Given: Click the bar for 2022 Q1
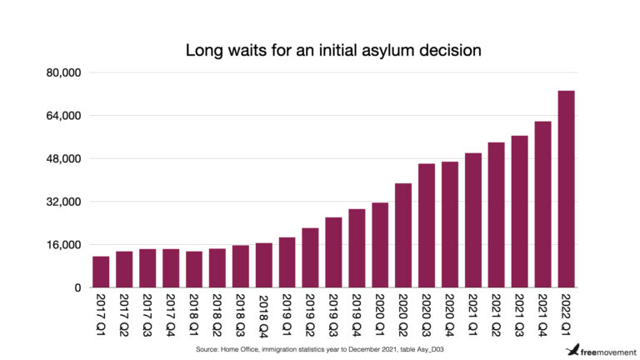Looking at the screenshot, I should pos(566,189).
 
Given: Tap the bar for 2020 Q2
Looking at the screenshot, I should pos(403,236).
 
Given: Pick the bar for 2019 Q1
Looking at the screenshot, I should pos(287,262).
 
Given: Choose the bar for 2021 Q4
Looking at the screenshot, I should pos(542,204).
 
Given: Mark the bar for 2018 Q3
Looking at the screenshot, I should pos(240,267).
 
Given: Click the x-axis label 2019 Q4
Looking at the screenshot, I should pos(357,314).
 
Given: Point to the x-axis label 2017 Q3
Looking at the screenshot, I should pos(147,314).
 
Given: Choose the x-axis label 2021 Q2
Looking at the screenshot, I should pos(497,314).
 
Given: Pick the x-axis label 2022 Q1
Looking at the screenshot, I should pos(566,314).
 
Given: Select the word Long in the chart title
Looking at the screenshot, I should pos(203,51).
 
